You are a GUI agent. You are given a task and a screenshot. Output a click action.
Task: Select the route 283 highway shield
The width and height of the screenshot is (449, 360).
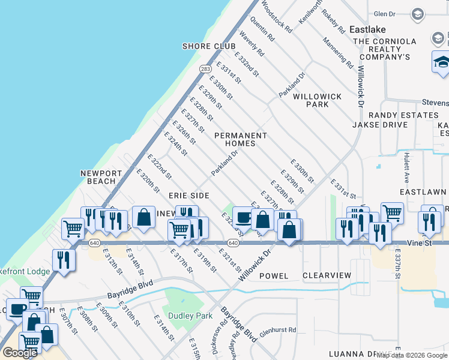point(205,69)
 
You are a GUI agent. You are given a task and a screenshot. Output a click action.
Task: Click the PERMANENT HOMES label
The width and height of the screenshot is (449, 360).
point(240,139)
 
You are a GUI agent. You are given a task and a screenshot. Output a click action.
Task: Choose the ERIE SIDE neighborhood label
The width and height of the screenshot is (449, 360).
point(188,196)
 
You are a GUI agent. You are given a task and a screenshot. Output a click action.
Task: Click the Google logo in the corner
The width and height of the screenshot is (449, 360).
point(20,353)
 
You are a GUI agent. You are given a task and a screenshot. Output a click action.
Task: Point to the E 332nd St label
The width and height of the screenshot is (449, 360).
point(247,64)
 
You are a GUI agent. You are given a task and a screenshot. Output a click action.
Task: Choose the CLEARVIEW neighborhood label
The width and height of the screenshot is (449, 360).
point(327,275)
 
